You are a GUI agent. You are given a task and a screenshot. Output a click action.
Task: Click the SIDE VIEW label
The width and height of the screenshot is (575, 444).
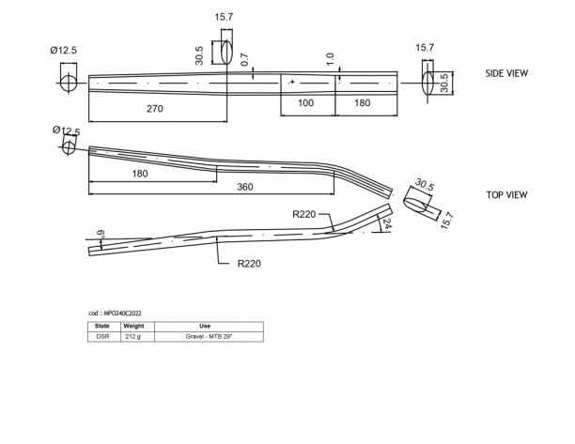coord(506,73)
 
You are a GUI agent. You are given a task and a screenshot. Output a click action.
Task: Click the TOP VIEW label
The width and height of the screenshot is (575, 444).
coord(506,195)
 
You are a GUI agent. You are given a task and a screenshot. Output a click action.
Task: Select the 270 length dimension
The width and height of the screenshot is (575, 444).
coord(155,109)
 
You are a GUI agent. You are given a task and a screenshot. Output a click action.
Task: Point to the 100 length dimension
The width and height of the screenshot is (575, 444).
coord(306,103)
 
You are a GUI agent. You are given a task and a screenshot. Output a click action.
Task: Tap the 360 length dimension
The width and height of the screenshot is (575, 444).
coord(245,187)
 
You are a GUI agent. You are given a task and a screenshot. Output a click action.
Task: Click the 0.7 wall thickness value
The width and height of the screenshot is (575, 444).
coord(245,60)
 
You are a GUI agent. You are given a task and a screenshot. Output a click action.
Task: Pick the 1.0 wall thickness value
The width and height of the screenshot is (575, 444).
coord(330,59)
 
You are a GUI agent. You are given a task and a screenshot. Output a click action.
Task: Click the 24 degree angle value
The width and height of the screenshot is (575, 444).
coord(387,223)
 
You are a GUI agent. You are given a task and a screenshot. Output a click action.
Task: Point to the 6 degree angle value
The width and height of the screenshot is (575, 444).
coord(101,234)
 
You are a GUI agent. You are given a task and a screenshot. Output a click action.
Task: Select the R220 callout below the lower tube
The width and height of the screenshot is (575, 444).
coord(249,264)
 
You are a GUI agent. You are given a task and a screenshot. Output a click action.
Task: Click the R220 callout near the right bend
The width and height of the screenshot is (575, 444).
coord(304,214)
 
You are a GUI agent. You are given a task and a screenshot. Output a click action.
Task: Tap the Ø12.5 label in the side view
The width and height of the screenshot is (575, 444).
coord(64,50)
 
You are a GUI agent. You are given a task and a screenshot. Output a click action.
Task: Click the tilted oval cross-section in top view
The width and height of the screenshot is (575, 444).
coord(415,204)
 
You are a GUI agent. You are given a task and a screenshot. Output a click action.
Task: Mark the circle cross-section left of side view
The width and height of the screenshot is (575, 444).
coord(69,83)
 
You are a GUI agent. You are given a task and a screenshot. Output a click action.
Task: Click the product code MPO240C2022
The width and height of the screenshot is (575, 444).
coord(122,314)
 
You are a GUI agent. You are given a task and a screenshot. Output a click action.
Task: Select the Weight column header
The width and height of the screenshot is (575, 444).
coord(133,326)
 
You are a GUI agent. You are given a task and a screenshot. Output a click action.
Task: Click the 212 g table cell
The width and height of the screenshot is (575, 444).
coord(132,337)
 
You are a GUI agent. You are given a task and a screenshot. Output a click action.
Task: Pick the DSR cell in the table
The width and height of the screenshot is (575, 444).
coord(102,337)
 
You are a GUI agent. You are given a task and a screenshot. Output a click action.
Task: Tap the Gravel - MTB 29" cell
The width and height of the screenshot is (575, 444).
coord(209,337)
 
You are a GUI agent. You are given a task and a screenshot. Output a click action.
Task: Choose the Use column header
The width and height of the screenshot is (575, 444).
coord(205,326)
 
